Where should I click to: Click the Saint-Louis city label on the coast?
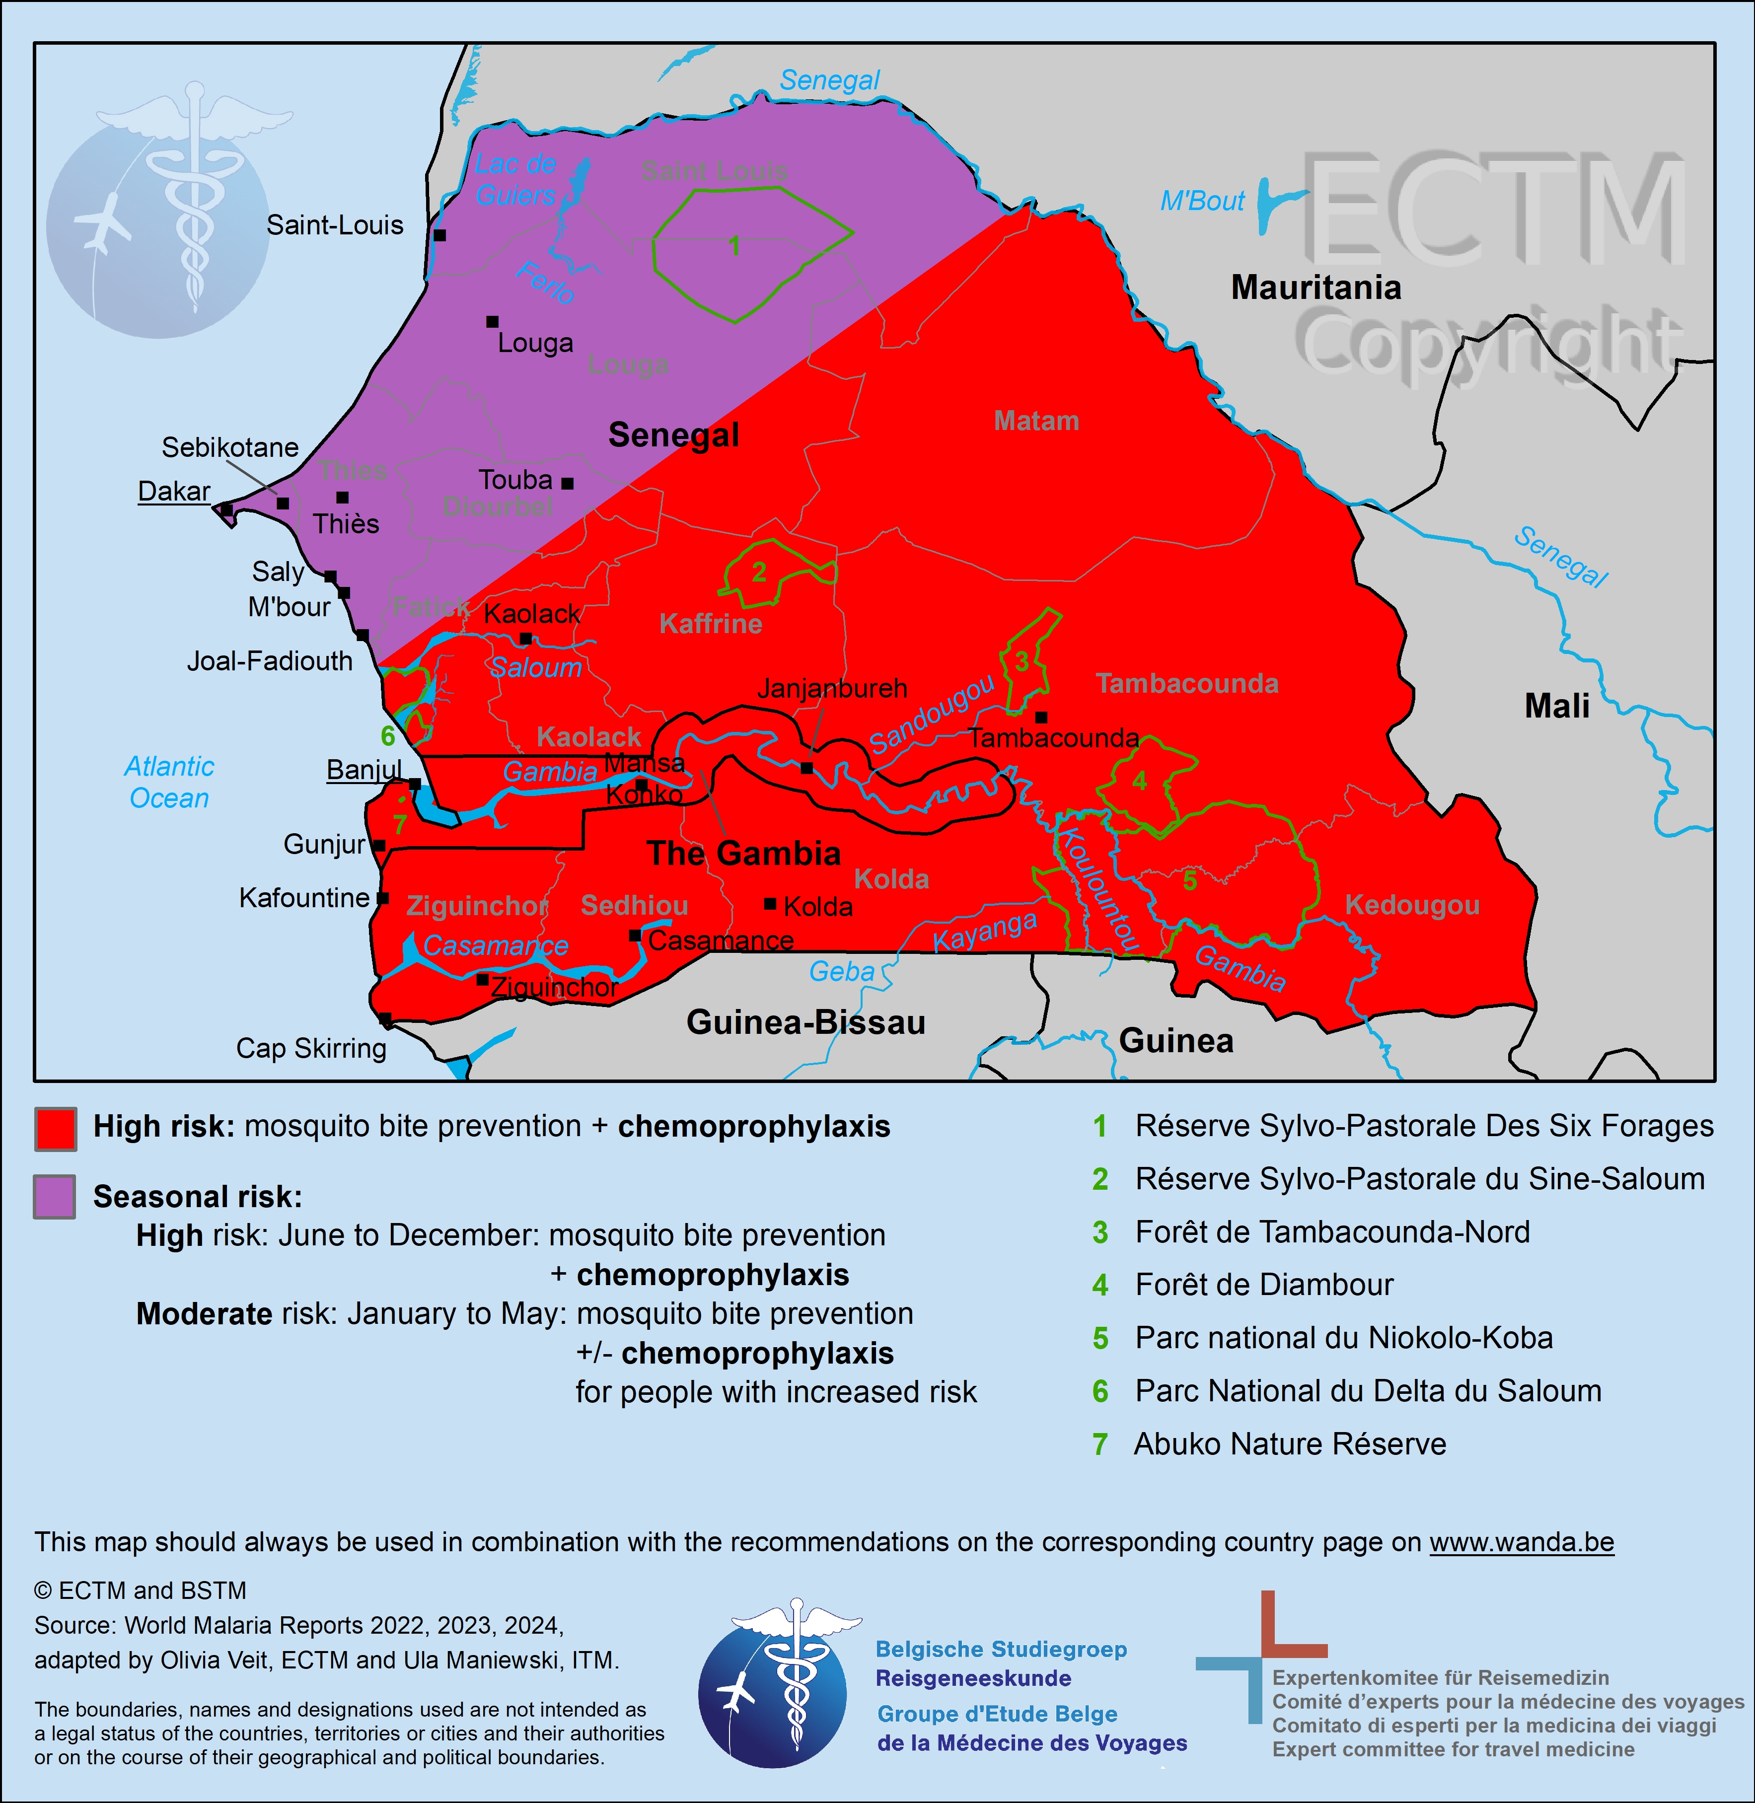[x=335, y=225]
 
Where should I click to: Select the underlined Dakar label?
[x=174, y=491]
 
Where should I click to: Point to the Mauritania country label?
[x=1316, y=288]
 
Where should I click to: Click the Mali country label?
[x=1557, y=706]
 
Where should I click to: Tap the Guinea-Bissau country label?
[x=805, y=1022]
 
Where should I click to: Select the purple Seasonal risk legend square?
[x=55, y=1197]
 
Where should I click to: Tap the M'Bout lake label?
[x=1202, y=201]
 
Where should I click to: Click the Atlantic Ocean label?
[x=170, y=783]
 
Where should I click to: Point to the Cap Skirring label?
[x=311, y=1048]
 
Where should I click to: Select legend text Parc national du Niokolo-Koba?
[x=1343, y=1338]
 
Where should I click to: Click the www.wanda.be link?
[x=1521, y=1542]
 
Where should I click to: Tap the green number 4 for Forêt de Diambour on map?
[x=1139, y=781]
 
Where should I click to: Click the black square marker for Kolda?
[x=770, y=904]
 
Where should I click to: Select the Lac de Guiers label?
[x=515, y=180]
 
